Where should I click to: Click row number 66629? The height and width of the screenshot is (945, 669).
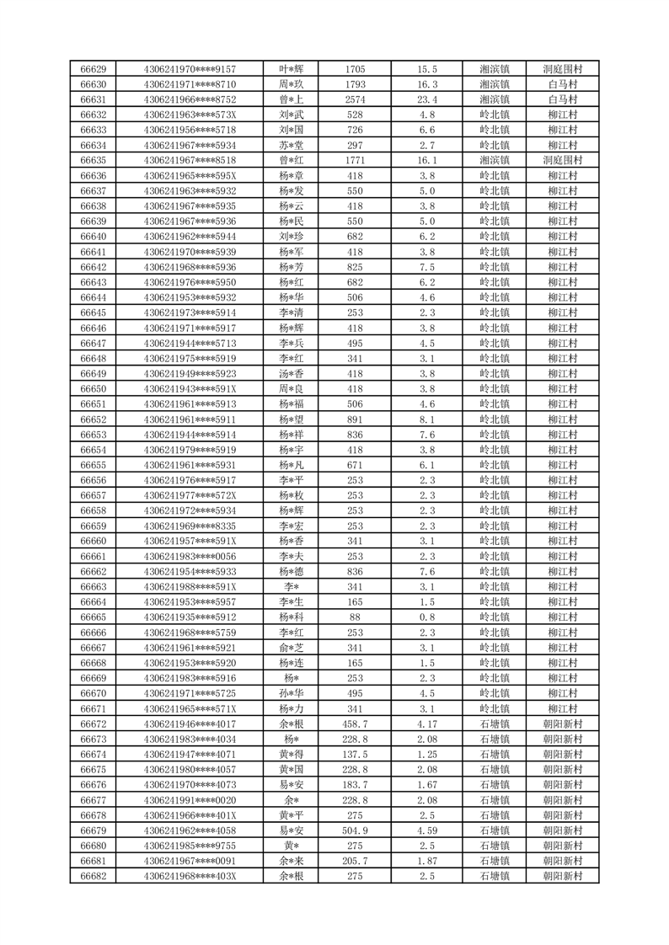pyautogui.click(x=93, y=69)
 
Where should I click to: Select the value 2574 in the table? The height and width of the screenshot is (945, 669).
pyautogui.click(x=355, y=99)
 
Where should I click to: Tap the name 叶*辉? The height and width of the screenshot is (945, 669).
pyautogui.click(x=292, y=69)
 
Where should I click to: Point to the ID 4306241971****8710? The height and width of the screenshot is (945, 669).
pyautogui.click(x=190, y=84)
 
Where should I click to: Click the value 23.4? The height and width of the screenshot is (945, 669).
pyautogui.click(x=427, y=99)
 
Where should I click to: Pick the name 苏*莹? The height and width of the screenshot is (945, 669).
pyautogui.click(x=292, y=144)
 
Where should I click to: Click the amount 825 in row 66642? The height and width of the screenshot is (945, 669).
pyautogui.click(x=355, y=267)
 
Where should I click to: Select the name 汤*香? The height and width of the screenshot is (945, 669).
pyautogui.click(x=292, y=373)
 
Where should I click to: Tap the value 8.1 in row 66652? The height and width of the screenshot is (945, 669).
pyautogui.click(x=427, y=419)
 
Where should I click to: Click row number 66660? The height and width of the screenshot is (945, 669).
pyautogui.click(x=93, y=541)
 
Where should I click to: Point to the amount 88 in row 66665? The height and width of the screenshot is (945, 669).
pyautogui.click(x=355, y=617)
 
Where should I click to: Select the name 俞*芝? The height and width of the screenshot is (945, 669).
pyautogui.click(x=292, y=648)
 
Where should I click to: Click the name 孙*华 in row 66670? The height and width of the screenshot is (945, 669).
pyautogui.click(x=292, y=693)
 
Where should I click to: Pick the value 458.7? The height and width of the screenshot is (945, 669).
pyautogui.click(x=355, y=723)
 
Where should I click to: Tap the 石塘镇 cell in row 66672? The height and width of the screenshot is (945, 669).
pyautogui.click(x=495, y=723)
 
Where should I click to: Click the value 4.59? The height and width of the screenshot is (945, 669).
pyautogui.click(x=427, y=830)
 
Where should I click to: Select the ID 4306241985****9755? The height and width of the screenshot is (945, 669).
pyautogui.click(x=190, y=846)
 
